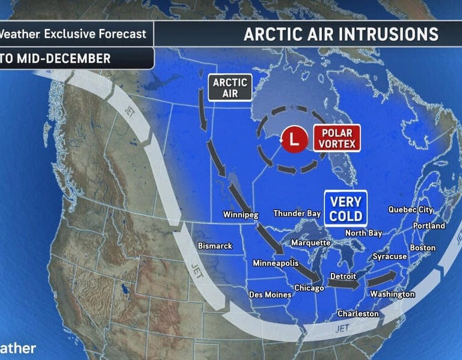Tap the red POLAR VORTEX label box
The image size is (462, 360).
click(336, 137)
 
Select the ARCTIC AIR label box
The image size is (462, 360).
click(230, 87)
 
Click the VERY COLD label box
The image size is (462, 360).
click(345, 209)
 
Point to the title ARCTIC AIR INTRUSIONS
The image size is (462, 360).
click(340, 34)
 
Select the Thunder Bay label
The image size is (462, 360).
click(297, 213)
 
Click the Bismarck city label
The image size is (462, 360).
click(215, 246)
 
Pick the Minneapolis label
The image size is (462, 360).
click(276, 263)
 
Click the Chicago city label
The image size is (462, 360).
click(309, 288)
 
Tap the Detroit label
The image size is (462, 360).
click(344, 276)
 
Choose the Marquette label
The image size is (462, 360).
click(310, 243)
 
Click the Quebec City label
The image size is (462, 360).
click(410, 210)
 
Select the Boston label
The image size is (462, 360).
click(422, 248)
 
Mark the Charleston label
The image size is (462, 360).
click(358, 314)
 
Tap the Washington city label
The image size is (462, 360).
click(392, 294)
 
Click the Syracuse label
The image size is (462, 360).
click(390, 257)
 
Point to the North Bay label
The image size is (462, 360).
click(363, 233)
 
